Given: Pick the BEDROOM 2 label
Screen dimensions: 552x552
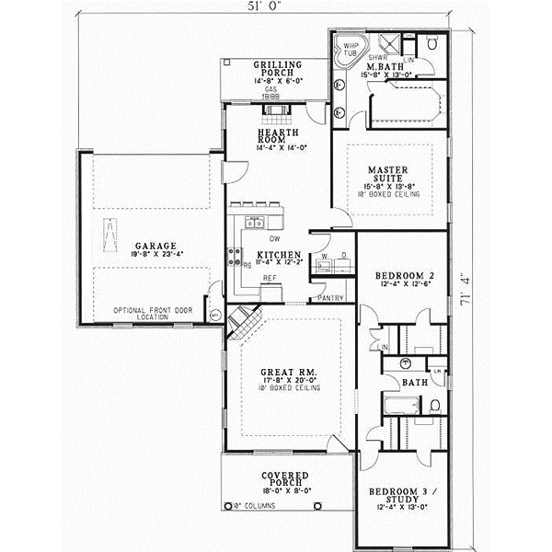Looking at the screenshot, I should pos(403,276).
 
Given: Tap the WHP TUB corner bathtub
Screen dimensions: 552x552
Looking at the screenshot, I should pos(351,49).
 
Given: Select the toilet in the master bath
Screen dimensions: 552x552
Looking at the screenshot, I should pos(432,43).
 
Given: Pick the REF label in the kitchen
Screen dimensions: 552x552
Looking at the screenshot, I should pos(270,277).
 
